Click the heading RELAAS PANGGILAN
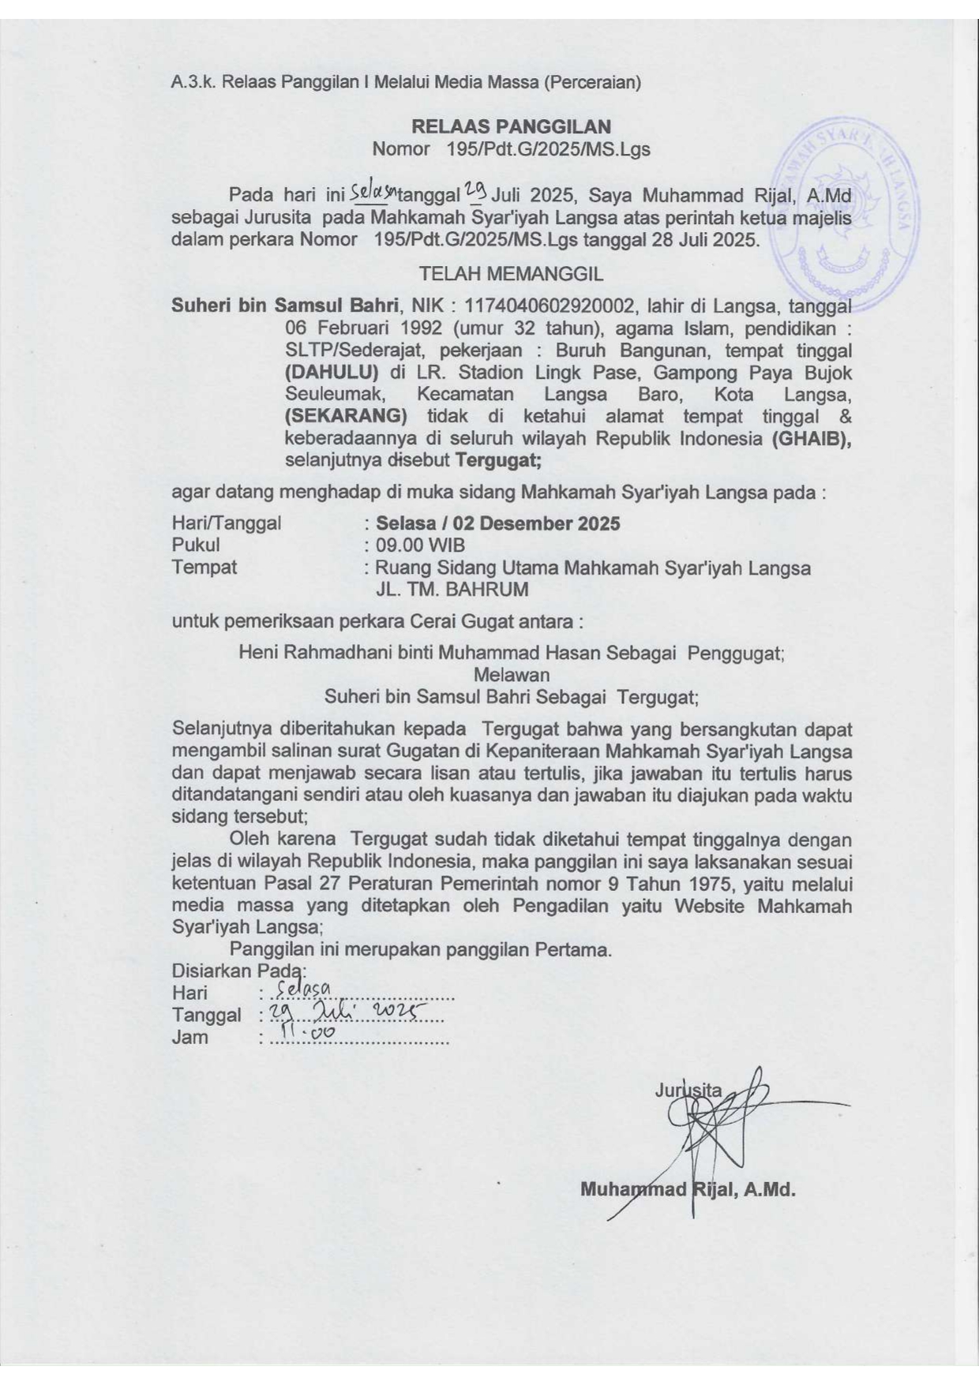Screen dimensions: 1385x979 [x=511, y=126]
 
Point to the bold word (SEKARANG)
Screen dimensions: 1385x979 [x=346, y=416]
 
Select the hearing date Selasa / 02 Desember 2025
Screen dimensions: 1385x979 [x=497, y=523]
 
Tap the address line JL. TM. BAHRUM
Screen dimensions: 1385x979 [x=452, y=590]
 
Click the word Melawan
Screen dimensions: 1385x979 [x=511, y=675]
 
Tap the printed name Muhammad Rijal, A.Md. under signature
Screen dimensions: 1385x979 [x=687, y=1188]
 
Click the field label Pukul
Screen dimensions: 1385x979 [x=196, y=545]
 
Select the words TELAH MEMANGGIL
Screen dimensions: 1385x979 [x=511, y=274]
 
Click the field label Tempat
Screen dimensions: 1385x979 [x=204, y=567]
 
